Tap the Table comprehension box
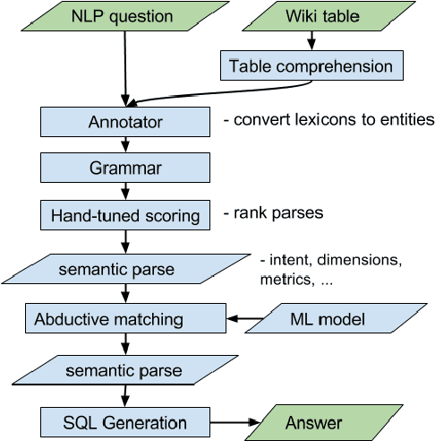click(311, 65)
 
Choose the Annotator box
click(124, 119)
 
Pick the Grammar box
click(124, 167)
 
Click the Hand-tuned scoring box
click(124, 215)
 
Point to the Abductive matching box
click(124, 319)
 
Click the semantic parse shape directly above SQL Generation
click(124, 370)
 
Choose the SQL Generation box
click(124, 421)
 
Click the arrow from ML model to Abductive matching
click(243, 319)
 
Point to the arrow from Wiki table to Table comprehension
click(311, 40)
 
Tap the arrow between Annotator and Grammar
click(124, 143)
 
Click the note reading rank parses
click(275, 215)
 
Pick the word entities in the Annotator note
click(407, 119)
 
